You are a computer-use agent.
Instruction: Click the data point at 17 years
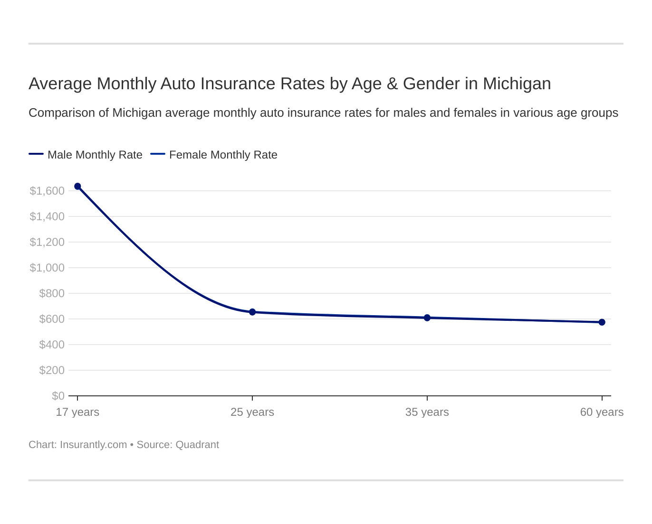point(77,187)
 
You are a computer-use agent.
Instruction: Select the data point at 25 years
point(252,312)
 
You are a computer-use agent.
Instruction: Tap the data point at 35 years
point(427,318)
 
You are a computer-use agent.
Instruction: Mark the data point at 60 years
point(602,322)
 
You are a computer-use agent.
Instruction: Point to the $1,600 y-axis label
point(47,191)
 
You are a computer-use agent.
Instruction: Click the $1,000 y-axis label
point(47,268)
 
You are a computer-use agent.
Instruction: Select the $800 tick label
point(51,293)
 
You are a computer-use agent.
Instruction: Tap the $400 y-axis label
point(51,345)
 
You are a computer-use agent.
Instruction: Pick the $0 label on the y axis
point(58,396)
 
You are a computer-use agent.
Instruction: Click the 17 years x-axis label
point(77,412)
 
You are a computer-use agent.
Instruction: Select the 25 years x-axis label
point(252,412)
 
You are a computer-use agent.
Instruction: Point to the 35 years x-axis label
point(427,412)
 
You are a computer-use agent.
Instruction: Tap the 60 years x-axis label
point(602,412)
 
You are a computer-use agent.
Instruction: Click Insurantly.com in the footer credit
point(93,445)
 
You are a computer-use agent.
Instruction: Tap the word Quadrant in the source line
point(197,445)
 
